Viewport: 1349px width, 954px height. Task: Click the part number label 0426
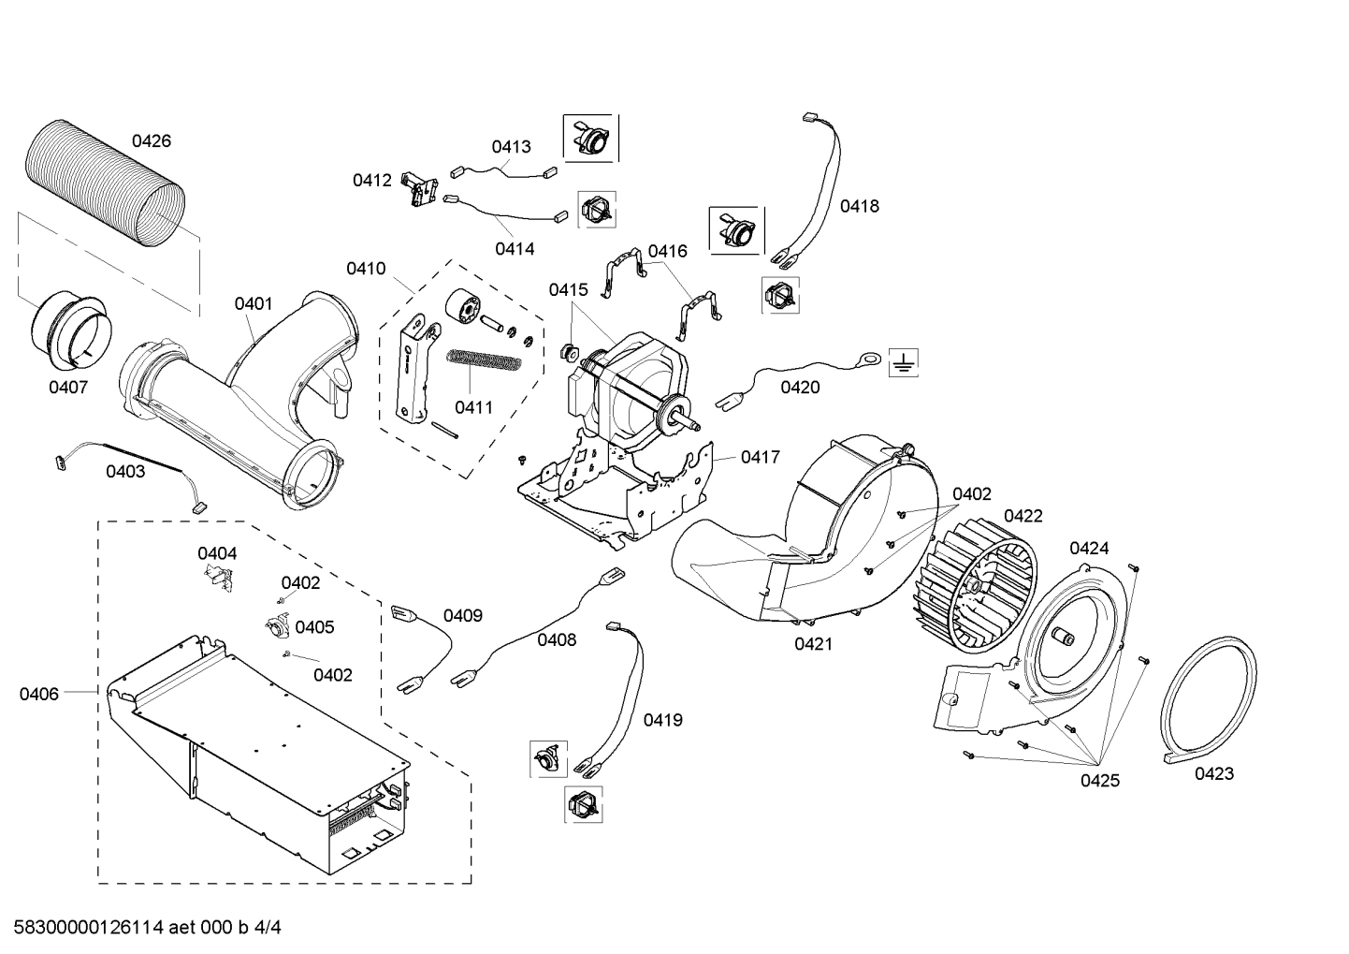pyautogui.click(x=151, y=141)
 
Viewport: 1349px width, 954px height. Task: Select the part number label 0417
pyautogui.click(x=760, y=457)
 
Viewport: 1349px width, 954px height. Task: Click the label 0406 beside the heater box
pyautogui.click(x=38, y=694)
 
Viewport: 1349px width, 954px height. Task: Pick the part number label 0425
pyautogui.click(x=1099, y=781)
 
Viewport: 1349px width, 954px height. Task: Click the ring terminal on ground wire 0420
pyautogui.click(x=867, y=357)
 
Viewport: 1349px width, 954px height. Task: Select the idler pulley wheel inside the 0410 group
pyautogui.click(x=463, y=308)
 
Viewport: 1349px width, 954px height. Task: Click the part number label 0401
pyautogui.click(x=254, y=303)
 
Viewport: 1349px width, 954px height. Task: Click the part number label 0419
pyautogui.click(x=662, y=720)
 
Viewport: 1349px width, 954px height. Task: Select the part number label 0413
pyautogui.click(x=511, y=146)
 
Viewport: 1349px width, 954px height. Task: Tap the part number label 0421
pyautogui.click(x=813, y=644)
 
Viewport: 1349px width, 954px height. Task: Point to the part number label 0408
pyautogui.click(x=557, y=639)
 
